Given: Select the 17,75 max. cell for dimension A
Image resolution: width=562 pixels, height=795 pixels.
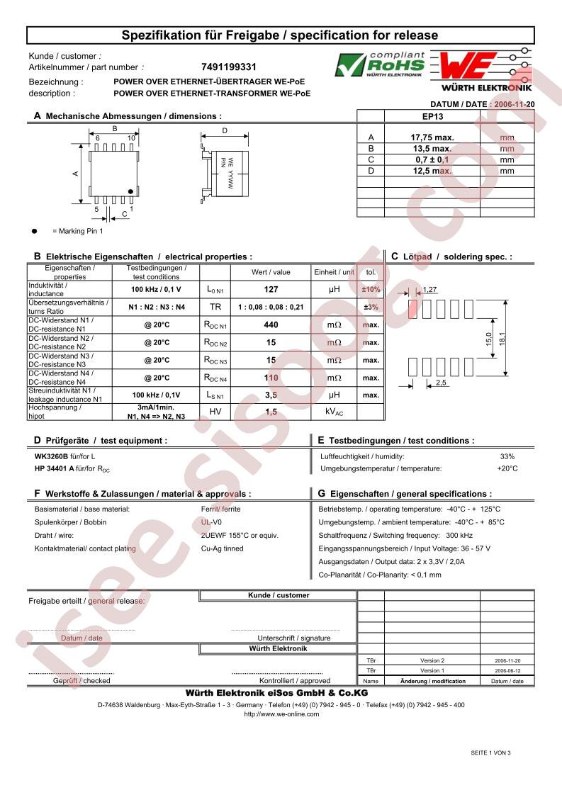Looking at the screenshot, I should tap(432, 137).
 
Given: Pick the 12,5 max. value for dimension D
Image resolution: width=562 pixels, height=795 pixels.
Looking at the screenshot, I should tap(432, 171).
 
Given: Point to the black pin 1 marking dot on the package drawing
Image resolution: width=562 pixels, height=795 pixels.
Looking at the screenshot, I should tap(131, 191).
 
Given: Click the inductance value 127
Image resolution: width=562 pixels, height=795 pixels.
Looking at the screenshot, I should tap(271, 290).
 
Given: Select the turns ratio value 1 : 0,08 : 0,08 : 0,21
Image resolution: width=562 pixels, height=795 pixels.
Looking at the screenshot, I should tap(271, 308).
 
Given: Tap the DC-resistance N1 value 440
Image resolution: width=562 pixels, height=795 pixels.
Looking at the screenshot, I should tap(271, 325).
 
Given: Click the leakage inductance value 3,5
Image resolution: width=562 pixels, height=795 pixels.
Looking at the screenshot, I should tap(271, 395).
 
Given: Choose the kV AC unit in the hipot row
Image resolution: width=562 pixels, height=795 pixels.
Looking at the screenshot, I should tap(335, 412).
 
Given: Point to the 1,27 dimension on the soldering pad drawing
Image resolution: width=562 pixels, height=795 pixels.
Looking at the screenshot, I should tap(429, 289).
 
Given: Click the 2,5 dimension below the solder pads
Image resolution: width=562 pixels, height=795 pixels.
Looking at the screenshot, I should tap(440, 383).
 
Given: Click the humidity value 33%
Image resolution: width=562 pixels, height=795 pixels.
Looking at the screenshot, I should tap(507, 457).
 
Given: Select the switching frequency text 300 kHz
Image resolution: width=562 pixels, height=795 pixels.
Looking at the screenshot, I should tap(459, 536).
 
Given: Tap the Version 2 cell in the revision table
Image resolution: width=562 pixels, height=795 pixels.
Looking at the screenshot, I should tap(432, 660).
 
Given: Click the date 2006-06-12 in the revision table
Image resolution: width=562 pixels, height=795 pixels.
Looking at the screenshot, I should tap(507, 670).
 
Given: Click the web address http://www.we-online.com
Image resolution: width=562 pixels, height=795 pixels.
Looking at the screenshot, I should tap(281, 714).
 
